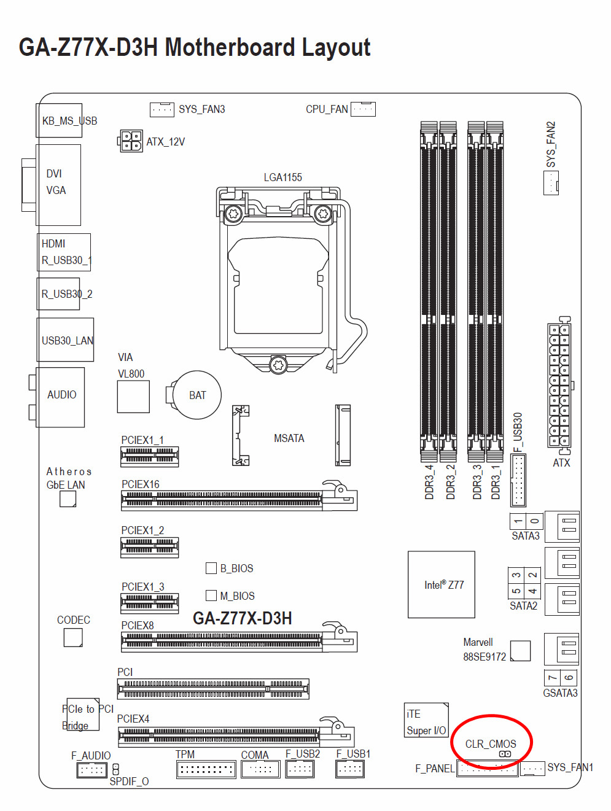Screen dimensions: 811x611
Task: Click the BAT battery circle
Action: pyautogui.click(x=197, y=395)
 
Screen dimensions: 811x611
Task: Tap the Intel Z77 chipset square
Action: pyautogui.click(x=442, y=584)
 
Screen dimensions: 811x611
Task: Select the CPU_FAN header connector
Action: pyautogui.click(x=363, y=109)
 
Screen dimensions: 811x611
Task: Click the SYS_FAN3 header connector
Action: pyautogui.click(x=162, y=109)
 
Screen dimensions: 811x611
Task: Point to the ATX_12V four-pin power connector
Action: pyautogui.click(x=131, y=141)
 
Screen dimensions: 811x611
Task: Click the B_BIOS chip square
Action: pyautogui.click(x=211, y=568)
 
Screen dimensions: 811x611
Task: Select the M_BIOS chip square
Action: pyautogui.click(x=211, y=596)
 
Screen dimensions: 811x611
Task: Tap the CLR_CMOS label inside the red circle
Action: pyautogui.click(x=491, y=743)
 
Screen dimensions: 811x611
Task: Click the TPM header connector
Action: pyautogui.click(x=206, y=769)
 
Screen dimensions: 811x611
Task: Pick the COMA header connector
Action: pyautogui.click(x=260, y=769)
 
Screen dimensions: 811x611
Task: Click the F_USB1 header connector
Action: pyautogui.click(x=350, y=768)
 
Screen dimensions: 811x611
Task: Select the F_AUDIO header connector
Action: pyautogui.click(x=92, y=769)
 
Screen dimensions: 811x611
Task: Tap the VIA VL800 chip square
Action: pyautogui.click(x=133, y=397)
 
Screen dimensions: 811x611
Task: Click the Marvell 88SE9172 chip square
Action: pyautogui.click(x=520, y=651)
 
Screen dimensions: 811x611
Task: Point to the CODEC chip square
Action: pyautogui.click(x=73, y=637)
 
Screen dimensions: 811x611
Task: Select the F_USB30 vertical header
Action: pyautogui.click(x=518, y=480)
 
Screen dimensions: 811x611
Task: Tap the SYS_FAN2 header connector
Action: pyautogui.click(x=551, y=183)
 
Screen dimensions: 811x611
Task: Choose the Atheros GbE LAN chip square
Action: pyautogui.click(x=68, y=499)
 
